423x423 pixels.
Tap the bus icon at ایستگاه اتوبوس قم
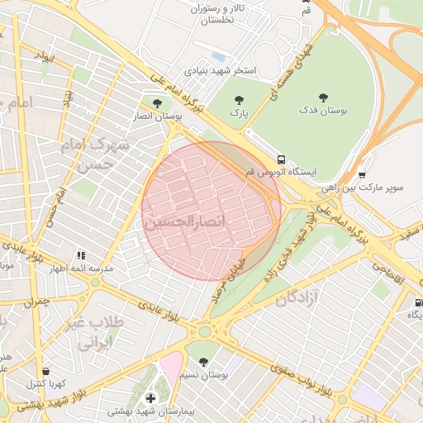point(282,158)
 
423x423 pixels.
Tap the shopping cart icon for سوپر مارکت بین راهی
point(362,174)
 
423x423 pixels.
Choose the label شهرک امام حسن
point(97,153)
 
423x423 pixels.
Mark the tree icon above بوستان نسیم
point(203,362)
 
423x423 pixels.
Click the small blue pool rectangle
point(218,56)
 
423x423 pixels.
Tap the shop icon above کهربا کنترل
point(45,371)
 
